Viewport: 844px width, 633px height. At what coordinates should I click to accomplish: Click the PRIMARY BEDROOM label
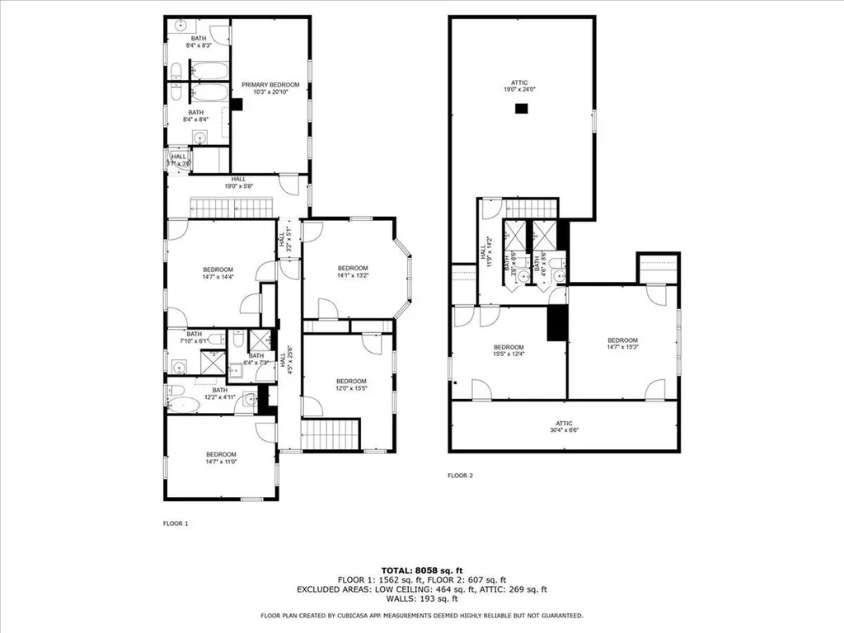point(270,85)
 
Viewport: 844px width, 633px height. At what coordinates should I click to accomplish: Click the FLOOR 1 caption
point(176,523)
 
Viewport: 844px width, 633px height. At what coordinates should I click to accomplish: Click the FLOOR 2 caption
point(460,476)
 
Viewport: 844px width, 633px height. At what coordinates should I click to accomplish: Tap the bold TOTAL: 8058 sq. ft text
point(422,570)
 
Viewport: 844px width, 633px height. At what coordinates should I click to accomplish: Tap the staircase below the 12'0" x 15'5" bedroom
point(331,434)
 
